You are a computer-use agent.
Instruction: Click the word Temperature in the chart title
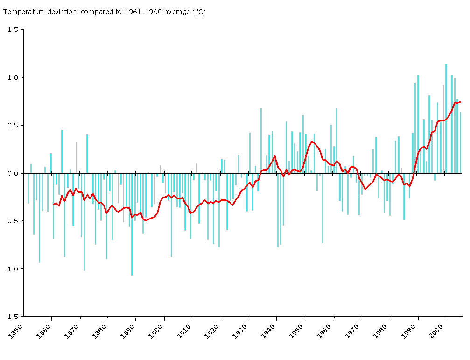point(21,12)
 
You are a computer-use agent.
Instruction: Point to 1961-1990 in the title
point(141,12)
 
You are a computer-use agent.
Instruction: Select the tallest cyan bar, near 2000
point(446,117)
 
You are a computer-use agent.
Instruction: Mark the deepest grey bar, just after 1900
point(171,215)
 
